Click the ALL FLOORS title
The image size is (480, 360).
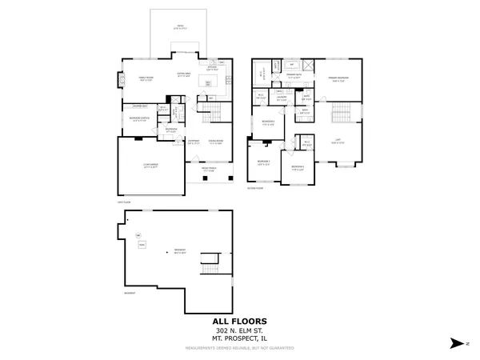[239, 319]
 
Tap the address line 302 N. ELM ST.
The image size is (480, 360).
[239, 330]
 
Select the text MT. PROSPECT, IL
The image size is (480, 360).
[239, 338]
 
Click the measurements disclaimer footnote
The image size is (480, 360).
[239, 349]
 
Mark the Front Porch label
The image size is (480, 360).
[208, 169]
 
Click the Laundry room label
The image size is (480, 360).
[282, 97]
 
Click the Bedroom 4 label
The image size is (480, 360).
[268, 121]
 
